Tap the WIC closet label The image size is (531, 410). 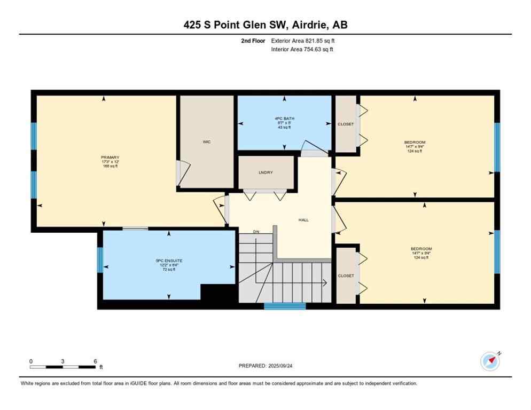pyautogui.click(x=206, y=142)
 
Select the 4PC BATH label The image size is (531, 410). pyautogui.click(x=284, y=119)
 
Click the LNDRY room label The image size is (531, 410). pyautogui.click(x=265, y=172)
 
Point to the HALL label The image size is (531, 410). pyautogui.click(x=303, y=220)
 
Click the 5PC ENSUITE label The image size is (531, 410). pyautogui.click(x=166, y=261)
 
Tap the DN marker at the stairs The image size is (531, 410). pyautogui.click(x=256, y=232)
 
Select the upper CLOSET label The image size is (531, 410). pyautogui.click(x=346, y=124)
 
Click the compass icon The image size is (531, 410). pyautogui.click(x=490, y=361)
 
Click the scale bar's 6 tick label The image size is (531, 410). pyautogui.click(x=95, y=361)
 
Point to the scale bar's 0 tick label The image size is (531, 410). pyautogui.click(x=31, y=361)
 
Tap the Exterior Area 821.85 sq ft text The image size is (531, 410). pyautogui.click(x=303, y=41)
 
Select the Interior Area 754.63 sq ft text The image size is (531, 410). pyautogui.click(x=303, y=49)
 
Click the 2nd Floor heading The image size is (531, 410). pyautogui.click(x=253, y=41)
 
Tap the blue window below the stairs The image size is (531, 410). pyautogui.click(x=285, y=306)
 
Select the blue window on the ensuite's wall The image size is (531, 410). pyautogui.click(x=100, y=259)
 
